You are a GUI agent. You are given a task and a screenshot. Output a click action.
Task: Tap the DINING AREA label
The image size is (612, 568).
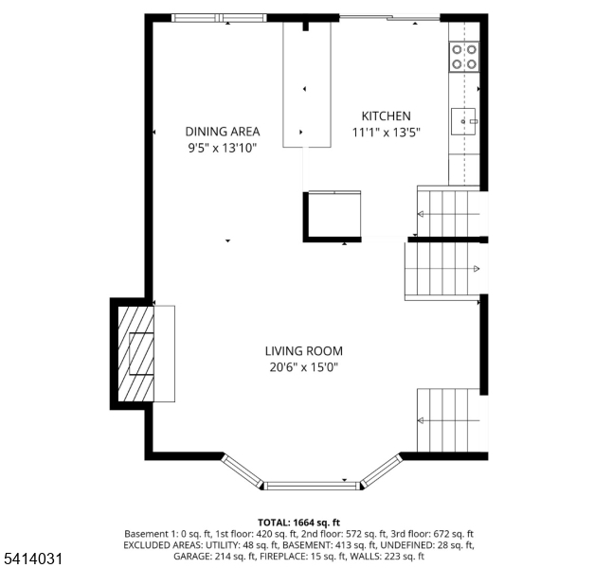coord(222,132)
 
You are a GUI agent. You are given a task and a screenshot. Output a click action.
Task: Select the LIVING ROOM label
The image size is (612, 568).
coord(303,351)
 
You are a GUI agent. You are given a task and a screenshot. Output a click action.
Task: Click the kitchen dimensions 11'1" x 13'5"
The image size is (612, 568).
coord(385,133)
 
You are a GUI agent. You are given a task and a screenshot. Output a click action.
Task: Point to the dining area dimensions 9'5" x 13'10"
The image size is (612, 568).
coord(222,148)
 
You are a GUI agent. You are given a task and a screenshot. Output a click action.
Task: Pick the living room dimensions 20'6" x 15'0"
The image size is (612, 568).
coord(303,367)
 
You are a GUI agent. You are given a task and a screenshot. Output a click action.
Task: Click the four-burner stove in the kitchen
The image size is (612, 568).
coord(463,57)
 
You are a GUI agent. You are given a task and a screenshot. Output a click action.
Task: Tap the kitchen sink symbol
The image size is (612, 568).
coord(464,120)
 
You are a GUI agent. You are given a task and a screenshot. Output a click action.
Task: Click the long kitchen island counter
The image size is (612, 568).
coord(307,85)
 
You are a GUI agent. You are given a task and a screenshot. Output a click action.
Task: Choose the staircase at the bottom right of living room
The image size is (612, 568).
coord(451,419)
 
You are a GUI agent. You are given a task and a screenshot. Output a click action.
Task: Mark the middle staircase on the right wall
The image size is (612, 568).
coord(443,270)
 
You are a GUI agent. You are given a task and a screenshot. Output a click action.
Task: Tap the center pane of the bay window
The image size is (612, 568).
coord(312,486)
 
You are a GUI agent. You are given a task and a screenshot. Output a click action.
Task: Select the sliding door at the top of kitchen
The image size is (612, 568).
coord(389,17)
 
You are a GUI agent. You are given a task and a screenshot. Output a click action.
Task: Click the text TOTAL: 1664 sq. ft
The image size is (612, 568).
coord(299,523)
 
